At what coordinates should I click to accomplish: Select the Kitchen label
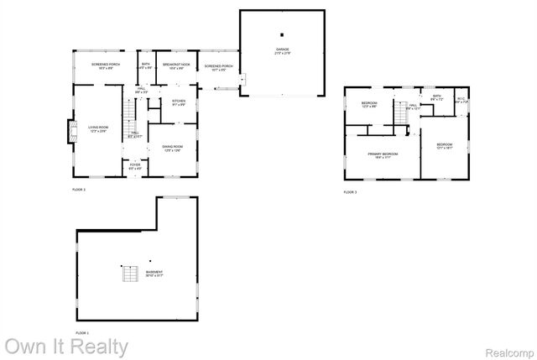pyautogui.click(x=179, y=102)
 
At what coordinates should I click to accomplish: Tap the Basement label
pyautogui.click(x=154, y=274)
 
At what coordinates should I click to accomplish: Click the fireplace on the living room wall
pyautogui.click(x=70, y=129)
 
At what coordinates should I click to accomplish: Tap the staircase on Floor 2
pyautogui.click(x=128, y=111)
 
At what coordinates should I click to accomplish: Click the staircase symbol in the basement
pyautogui.click(x=128, y=274)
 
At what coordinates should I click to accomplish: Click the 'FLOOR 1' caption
pyautogui.click(x=82, y=333)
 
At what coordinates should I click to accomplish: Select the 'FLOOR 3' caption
pyautogui.click(x=351, y=192)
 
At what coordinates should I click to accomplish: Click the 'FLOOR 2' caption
pyautogui.click(x=79, y=190)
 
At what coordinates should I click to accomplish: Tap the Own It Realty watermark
pyautogui.click(x=67, y=346)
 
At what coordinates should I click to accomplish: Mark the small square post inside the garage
pyautogui.click(x=283, y=34)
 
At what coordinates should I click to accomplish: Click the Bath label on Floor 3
pyautogui.click(x=436, y=97)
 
